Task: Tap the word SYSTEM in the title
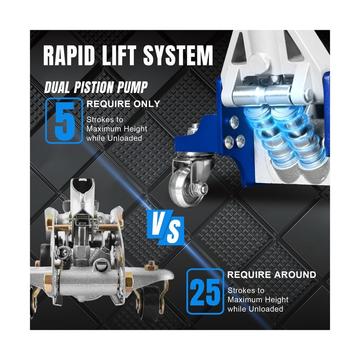(178, 55)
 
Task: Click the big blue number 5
(65, 121)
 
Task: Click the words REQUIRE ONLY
(123, 104)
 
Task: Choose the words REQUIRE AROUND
(271, 275)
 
